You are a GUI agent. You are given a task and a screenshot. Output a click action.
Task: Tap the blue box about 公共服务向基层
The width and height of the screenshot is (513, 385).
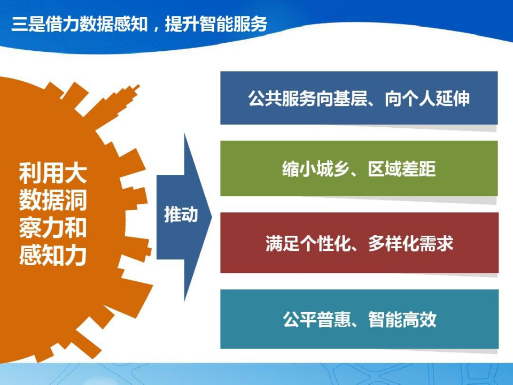[359, 98]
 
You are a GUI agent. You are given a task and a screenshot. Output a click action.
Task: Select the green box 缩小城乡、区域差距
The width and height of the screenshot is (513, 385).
[359, 168]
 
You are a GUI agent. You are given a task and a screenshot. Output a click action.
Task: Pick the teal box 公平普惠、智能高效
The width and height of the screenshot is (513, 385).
[359, 319]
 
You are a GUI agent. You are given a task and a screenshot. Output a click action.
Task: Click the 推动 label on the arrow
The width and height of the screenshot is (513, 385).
[181, 215]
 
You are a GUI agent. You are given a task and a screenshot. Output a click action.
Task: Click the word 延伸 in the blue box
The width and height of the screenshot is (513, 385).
[453, 98]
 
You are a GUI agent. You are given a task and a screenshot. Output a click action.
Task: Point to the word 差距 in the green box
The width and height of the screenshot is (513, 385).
[419, 169]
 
